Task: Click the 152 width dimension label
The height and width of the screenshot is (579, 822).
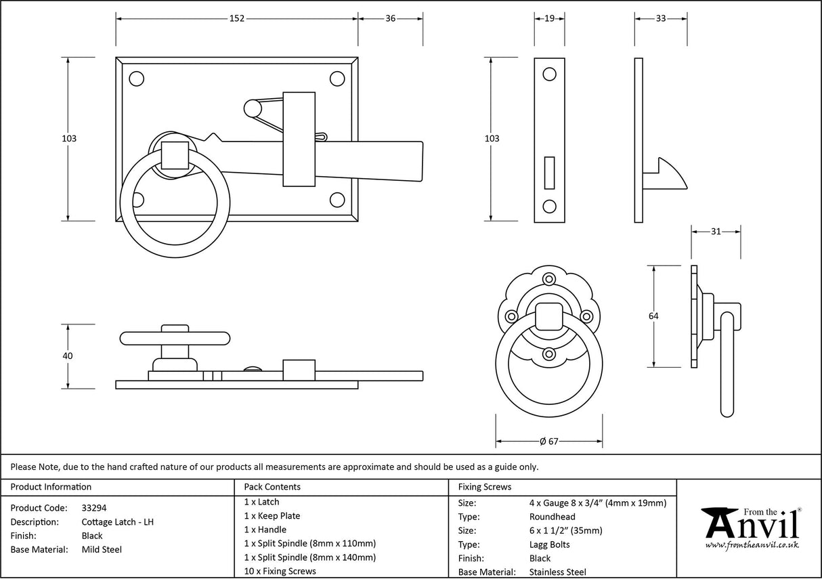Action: point(236,18)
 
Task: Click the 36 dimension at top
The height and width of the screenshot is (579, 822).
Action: point(390,18)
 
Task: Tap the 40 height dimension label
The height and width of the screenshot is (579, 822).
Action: point(67,356)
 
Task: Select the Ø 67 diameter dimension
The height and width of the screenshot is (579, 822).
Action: point(549,442)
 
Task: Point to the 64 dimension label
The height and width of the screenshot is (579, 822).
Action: point(653,316)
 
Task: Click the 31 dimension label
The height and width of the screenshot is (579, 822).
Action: point(716,232)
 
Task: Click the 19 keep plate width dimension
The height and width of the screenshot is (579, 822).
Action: point(549,18)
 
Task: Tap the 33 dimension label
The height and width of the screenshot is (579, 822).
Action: point(660,18)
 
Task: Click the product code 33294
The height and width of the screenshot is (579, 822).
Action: point(93,508)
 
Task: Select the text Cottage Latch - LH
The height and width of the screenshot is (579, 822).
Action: point(118,522)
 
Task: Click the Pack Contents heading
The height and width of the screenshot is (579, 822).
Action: point(272,487)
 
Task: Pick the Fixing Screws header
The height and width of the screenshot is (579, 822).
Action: point(485,487)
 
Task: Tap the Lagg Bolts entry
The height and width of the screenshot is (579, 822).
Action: point(549,544)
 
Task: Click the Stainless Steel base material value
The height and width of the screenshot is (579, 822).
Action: point(558,572)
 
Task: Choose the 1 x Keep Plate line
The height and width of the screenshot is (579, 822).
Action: point(272,516)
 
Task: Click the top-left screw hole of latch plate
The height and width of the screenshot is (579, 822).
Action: point(137,79)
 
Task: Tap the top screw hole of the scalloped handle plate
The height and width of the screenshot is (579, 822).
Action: point(549,278)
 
